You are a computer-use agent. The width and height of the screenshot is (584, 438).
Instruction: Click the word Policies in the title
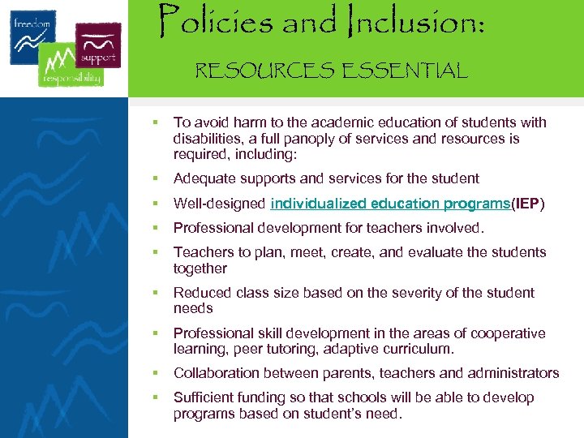[x=217, y=21]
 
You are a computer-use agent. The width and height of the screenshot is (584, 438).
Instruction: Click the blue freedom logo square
[x=33, y=36]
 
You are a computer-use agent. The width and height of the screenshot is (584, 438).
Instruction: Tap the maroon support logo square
[x=97, y=46]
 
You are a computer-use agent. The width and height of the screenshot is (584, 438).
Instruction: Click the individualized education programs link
[x=389, y=203]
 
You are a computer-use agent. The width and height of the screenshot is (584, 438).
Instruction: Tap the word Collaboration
[x=213, y=373]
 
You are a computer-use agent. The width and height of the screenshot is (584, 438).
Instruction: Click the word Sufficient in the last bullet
[x=203, y=397]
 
